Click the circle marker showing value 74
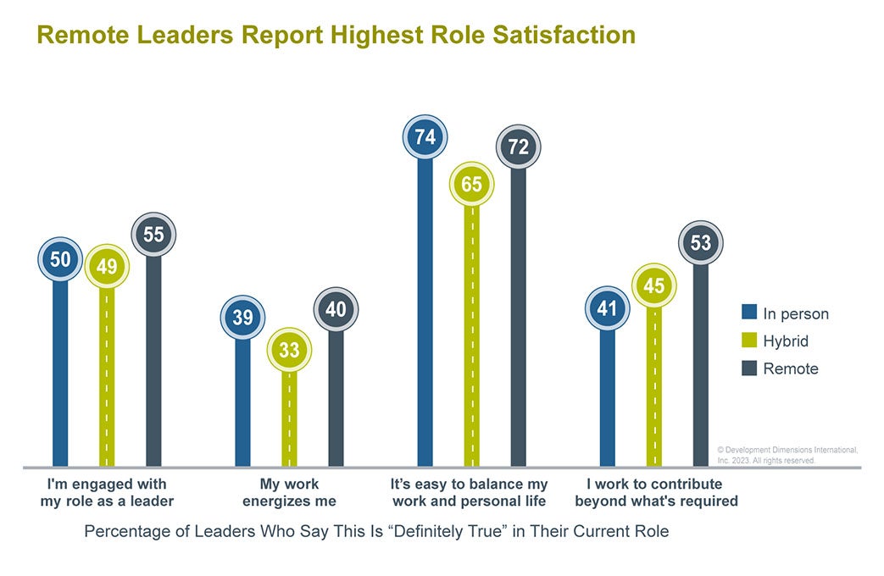pos(425,137)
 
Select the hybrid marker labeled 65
pos(471,183)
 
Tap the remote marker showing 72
pos(518,147)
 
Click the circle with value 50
pos(60,259)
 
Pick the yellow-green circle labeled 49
pos(106,267)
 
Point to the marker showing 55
pos(153,235)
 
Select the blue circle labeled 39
pos(242,318)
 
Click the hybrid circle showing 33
pos(289,350)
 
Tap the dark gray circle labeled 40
pos(336,310)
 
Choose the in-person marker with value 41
pos(607,308)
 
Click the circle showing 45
pos(653,286)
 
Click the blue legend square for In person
pos(748,313)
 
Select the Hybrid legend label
pos(786,341)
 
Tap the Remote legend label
pos(790,368)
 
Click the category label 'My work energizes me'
pos(289,492)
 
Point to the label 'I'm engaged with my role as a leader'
pos(107,492)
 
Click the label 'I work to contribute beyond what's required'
pos(655,492)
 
